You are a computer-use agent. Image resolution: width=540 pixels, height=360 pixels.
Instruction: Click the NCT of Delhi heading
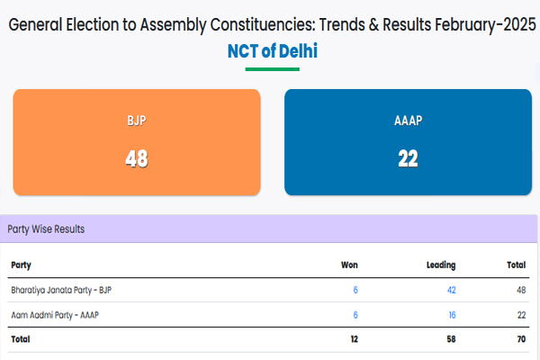(x=272, y=52)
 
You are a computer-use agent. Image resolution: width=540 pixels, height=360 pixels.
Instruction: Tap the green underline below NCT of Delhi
(x=272, y=69)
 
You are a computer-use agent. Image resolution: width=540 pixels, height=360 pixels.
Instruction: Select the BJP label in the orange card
(x=137, y=119)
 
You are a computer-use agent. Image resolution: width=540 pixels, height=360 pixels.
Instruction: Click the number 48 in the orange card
(x=137, y=159)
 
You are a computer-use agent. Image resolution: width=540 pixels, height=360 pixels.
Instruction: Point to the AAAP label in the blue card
(x=408, y=119)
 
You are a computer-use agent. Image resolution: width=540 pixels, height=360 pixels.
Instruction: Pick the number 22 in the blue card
(x=408, y=159)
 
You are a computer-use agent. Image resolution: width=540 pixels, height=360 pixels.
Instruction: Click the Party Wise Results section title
(x=46, y=229)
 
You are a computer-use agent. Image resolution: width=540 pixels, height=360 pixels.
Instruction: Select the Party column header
(x=22, y=265)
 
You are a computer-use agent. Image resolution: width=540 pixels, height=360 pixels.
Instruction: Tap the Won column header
(x=349, y=265)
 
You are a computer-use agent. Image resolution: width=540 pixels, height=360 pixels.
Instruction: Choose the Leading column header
(x=440, y=265)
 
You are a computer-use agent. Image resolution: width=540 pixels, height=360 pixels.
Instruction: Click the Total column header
(x=517, y=265)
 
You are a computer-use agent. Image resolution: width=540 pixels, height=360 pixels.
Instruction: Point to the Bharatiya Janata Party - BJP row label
(x=61, y=290)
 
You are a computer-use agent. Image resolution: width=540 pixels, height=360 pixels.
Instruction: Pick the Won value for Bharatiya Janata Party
(x=355, y=290)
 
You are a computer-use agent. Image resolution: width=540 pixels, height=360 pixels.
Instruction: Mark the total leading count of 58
(x=450, y=339)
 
